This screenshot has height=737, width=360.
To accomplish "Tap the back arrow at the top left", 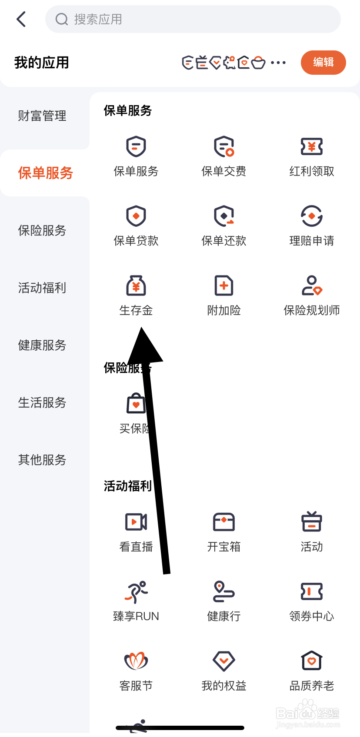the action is (x=21, y=19).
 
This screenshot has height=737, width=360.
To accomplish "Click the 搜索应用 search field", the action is (x=193, y=19).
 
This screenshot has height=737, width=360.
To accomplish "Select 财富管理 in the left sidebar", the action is (x=42, y=116).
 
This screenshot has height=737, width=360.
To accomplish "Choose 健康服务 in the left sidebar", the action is (x=42, y=345).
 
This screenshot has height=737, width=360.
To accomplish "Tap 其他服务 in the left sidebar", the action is (x=42, y=460).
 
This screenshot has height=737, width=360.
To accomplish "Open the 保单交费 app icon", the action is (x=224, y=147).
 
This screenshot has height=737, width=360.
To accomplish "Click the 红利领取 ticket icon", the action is (x=312, y=147).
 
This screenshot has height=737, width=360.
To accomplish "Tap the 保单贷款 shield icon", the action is (x=136, y=216).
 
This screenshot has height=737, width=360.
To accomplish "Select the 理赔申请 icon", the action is (x=312, y=216).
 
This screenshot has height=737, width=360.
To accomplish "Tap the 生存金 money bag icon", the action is (x=136, y=286).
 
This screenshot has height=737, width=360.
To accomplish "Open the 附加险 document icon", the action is (x=224, y=286).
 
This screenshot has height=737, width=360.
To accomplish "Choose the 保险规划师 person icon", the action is (x=312, y=286).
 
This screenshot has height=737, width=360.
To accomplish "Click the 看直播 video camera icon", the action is (x=136, y=522).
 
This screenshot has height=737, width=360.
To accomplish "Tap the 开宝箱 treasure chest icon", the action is (x=224, y=522).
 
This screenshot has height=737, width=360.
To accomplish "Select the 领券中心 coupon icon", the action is (x=312, y=591).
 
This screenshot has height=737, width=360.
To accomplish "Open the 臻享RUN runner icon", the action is (x=136, y=591).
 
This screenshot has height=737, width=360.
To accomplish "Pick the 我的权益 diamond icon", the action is (x=224, y=661).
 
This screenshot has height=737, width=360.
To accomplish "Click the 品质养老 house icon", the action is (x=312, y=661).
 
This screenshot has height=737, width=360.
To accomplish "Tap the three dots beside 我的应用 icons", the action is (x=278, y=63).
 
